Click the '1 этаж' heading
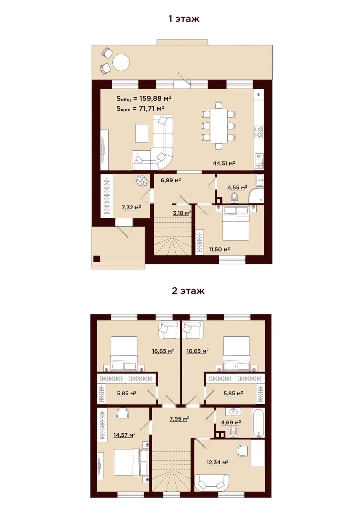coord(184,19)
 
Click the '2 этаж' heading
coord(188,291)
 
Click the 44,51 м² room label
coord(224,163)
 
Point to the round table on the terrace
coord(121,63)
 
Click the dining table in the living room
coord(219,126)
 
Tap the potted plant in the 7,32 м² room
coord(141,181)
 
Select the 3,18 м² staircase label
coord(182,213)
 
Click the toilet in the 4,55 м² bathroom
coord(234,197)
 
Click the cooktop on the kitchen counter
coord(259,132)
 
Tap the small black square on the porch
coord(96,259)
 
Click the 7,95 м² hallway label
coord(179,419)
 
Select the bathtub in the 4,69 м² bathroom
coord(259,423)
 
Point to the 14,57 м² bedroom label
coord(125,435)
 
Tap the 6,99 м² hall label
coord(171,180)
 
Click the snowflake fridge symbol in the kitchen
coord(259,94)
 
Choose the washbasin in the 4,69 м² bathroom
coord(234,412)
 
